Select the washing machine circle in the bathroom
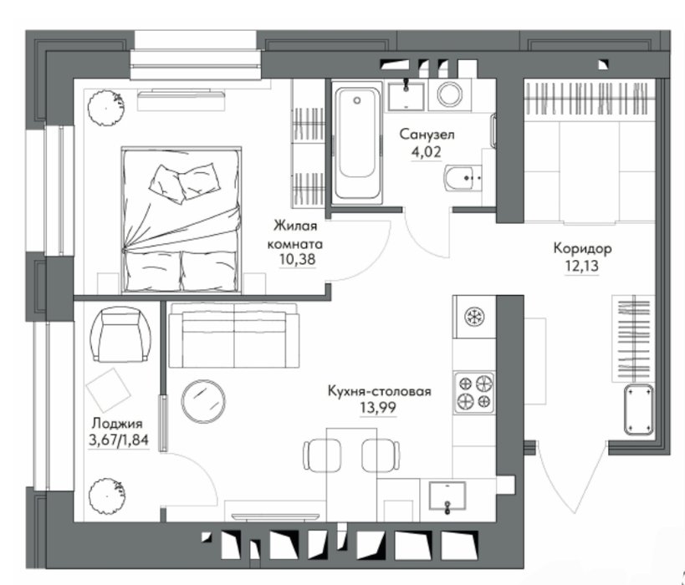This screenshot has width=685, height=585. pyautogui.click(x=450, y=94)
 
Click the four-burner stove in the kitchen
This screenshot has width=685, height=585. pyautogui.click(x=474, y=392)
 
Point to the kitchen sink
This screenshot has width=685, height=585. pyautogui.click(x=447, y=496)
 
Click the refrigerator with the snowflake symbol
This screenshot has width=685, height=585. pyautogui.click(x=474, y=317)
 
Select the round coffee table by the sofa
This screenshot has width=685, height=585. pyautogui.click(x=203, y=401)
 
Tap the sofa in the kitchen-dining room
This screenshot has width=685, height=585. pyautogui.click(x=234, y=335)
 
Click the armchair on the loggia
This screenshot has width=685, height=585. pyautogui.click(x=120, y=334)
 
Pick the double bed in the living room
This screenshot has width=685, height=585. pyautogui.click(x=181, y=220)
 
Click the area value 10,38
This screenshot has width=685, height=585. pyautogui.click(x=298, y=260)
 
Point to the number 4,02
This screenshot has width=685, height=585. pyautogui.click(x=427, y=152)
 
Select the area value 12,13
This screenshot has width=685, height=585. pyautogui.click(x=581, y=266)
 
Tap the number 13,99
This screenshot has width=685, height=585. pyautogui.click(x=378, y=408)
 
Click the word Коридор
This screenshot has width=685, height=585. pyautogui.click(x=582, y=249)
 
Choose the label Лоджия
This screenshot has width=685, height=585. pyautogui.click(x=117, y=424)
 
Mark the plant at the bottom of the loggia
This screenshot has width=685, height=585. pyautogui.click(x=105, y=496)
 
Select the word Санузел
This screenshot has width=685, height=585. pyautogui.click(x=427, y=134)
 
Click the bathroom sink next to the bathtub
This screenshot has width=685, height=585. pyautogui.click(x=406, y=94)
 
